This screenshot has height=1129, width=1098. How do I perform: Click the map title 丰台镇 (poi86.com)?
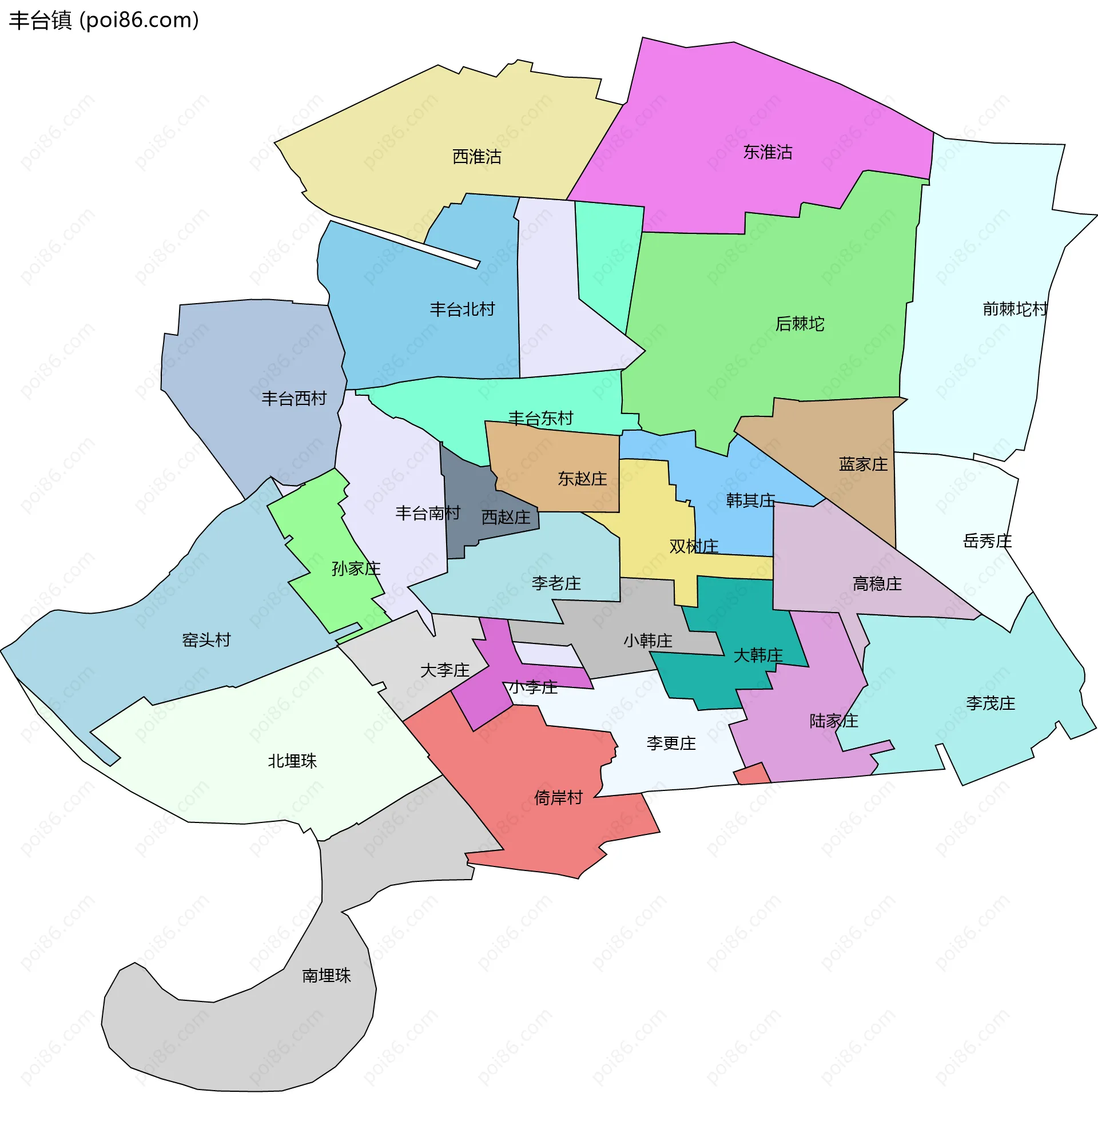(x=104, y=20)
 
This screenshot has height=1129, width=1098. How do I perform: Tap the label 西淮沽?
(x=476, y=157)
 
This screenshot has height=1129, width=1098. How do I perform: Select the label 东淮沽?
(x=767, y=152)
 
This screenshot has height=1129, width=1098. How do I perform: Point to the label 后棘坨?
(x=799, y=324)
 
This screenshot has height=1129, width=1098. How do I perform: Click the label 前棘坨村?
(x=1015, y=309)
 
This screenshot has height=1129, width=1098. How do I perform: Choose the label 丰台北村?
(x=462, y=309)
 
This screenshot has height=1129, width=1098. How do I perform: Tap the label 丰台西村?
(x=293, y=399)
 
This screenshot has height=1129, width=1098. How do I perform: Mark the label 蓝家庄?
(x=863, y=464)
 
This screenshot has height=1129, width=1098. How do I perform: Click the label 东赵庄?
(x=582, y=479)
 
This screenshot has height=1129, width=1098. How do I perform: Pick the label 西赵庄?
(x=506, y=517)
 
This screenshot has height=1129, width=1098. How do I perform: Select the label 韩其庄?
(x=750, y=500)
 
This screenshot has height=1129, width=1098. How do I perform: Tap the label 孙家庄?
(x=356, y=569)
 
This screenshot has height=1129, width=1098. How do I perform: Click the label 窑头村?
(x=206, y=640)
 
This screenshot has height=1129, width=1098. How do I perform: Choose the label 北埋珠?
(x=292, y=761)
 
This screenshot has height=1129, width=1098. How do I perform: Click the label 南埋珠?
(x=327, y=976)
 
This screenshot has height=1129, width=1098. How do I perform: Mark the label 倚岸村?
(x=558, y=798)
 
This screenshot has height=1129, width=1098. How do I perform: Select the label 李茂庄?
(x=990, y=703)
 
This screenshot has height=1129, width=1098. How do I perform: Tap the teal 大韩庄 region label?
(x=758, y=655)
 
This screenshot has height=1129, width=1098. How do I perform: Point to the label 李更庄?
(x=671, y=744)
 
